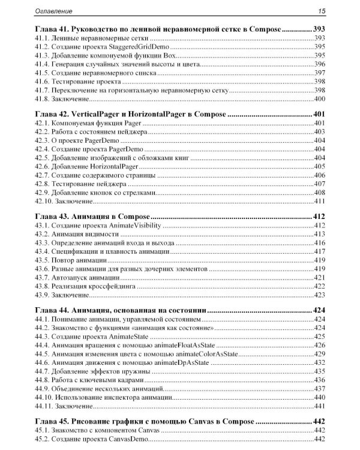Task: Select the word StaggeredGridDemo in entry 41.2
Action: tap(131, 46)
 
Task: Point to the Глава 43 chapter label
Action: tap(50, 216)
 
